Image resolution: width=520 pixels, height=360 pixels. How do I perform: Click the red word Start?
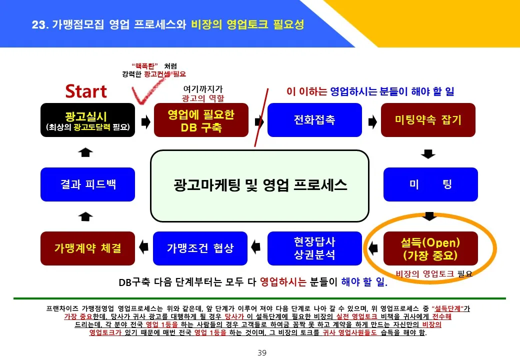(x=86, y=91)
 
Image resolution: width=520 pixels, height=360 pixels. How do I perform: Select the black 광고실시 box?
(x=87, y=120)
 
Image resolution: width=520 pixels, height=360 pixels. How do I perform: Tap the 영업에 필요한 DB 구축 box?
(x=201, y=120)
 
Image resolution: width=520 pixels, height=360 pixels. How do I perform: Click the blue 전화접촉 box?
(x=314, y=120)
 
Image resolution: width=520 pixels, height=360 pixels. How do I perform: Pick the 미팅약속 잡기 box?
(x=428, y=120)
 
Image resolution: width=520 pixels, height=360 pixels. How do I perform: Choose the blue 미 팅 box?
(x=430, y=184)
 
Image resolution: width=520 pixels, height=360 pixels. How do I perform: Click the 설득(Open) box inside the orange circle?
(x=430, y=248)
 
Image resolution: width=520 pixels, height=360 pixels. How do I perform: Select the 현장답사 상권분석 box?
(x=314, y=248)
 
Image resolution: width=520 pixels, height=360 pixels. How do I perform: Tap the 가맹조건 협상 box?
(x=200, y=248)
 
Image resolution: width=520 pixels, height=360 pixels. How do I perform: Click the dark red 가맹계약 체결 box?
(x=87, y=248)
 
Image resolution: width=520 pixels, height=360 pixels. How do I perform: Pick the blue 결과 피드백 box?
(x=87, y=184)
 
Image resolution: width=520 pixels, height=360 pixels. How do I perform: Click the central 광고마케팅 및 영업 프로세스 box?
(x=259, y=185)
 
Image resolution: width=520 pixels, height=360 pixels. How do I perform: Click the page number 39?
(x=262, y=353)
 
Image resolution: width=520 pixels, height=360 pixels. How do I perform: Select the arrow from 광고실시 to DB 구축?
(x=145, y=122)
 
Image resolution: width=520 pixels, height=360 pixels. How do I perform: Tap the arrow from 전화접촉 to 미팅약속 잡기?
(x=372, y=121)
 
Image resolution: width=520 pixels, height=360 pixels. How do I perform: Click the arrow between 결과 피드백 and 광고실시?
(x=86, y=152)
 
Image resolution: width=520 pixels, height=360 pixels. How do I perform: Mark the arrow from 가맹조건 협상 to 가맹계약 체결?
(x=143, y=246)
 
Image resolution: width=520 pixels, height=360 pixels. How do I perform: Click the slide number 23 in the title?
(x=38, y=25)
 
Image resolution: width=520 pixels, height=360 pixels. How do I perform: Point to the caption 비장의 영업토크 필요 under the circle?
(x=433, y=274)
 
